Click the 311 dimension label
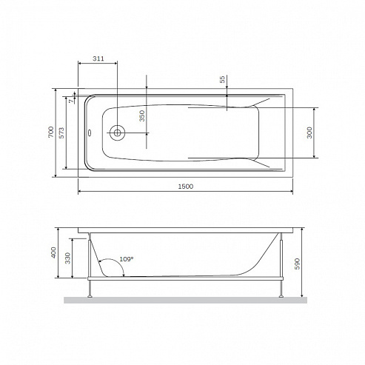[98, 58]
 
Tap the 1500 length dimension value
[186, 187]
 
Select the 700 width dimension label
[51, 132]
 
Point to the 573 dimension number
[61, 133]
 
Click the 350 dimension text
[142, 115]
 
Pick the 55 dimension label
[222, 79]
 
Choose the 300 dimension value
[309, 133]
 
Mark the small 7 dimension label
[71, 101]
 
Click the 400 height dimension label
[53, 252]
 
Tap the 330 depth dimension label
[67, 258]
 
